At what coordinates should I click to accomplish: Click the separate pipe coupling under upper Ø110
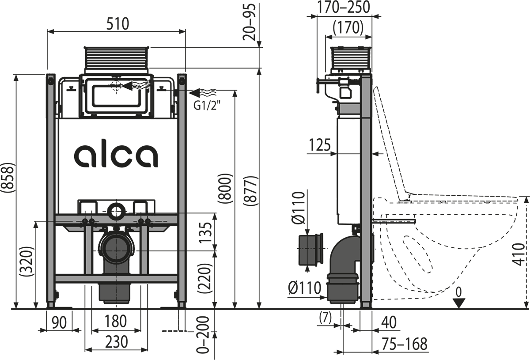click(x=311, y=250)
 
